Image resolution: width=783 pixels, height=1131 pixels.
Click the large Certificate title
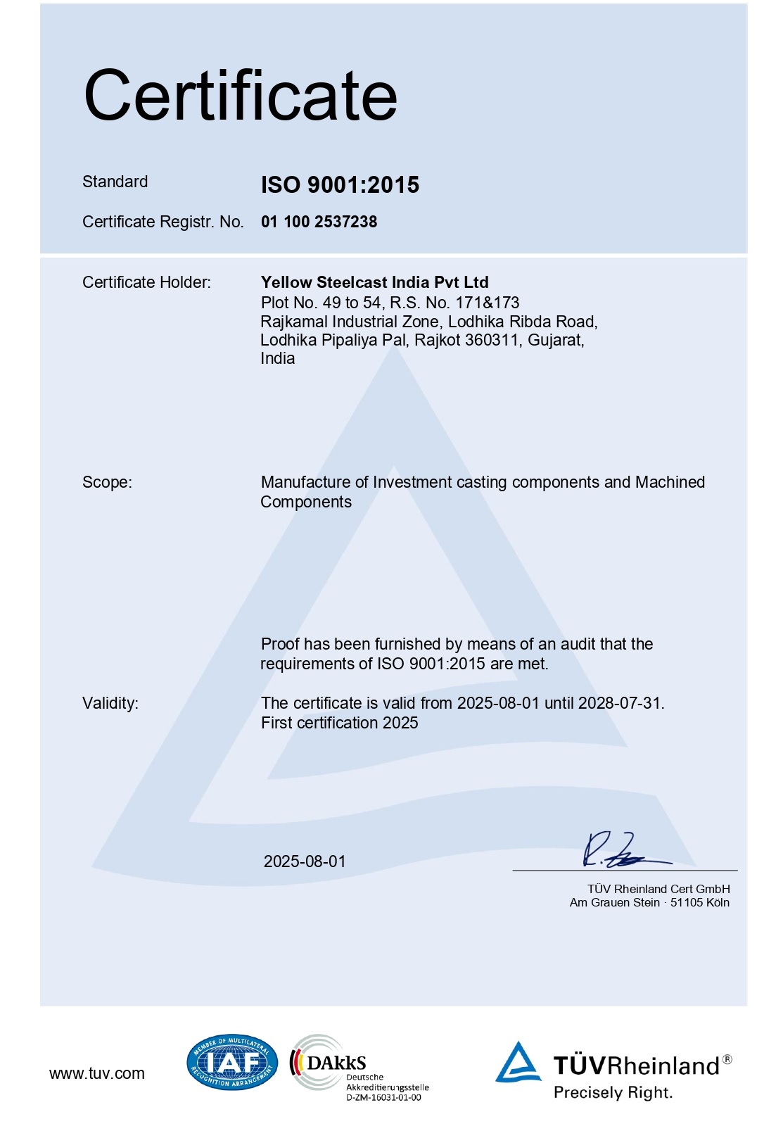point(241,96)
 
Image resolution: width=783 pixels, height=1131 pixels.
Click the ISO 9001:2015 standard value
point(340,184)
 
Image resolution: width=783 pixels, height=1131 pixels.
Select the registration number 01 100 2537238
point(319,222)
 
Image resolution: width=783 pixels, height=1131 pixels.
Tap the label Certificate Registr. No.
point(163,222)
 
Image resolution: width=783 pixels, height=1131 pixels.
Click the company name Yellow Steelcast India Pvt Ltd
point(374,282)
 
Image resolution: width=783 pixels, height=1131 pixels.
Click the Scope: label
point(107,482)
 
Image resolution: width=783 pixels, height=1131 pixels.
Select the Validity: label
point(110,703)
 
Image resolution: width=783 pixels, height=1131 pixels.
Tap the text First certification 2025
point(339,723)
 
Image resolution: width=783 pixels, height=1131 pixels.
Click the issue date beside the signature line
point(305,861)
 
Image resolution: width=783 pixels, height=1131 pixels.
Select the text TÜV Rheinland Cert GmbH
point(658,889)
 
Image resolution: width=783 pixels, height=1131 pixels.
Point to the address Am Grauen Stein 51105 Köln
point(649,902)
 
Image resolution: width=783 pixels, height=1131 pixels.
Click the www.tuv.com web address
point(97,1073)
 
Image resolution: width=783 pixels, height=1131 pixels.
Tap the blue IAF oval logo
point(232,1063)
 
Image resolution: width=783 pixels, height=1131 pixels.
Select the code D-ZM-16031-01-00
point(383,1097)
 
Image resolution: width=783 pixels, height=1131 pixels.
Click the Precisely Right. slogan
point(613,1092)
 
